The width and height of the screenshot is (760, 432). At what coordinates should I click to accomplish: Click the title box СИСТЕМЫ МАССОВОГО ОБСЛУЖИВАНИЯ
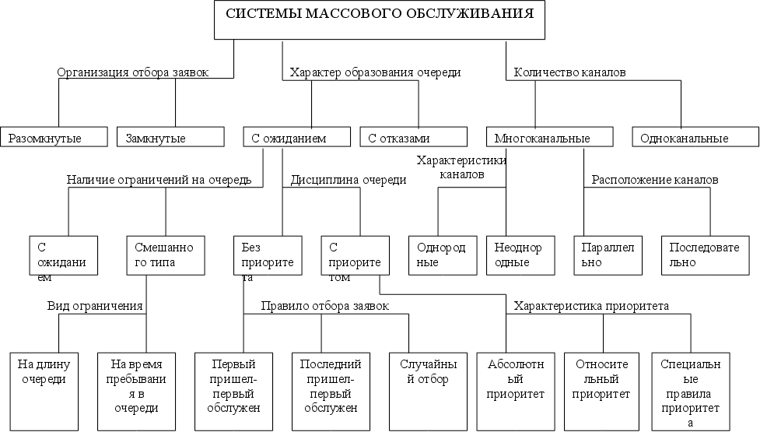(x=380, y=19)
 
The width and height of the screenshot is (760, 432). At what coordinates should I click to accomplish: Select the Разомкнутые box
(x=52, y=138)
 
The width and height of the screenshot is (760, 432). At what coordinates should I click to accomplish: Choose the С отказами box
(x=412, y=138)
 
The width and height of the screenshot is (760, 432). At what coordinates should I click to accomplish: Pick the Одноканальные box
(x=695, y=138)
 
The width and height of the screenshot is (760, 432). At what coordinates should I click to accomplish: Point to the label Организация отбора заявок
(x=133, y=72)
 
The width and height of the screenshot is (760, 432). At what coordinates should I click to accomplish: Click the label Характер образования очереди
(x=375, y=72)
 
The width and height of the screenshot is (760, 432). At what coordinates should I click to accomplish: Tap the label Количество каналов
(x=570, y=72)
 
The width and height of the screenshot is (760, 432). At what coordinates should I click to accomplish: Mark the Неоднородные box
(x=519, y=255)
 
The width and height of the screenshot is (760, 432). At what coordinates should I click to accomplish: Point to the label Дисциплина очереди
(x=348, y=180)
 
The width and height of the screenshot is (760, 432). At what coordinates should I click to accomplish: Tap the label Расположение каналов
(x=655, y=180)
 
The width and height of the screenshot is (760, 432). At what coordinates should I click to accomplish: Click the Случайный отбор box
(x=424, y=392)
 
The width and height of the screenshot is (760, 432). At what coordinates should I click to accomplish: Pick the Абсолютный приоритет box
(x=510, y=392)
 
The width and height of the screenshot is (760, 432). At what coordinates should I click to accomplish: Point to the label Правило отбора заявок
(x=324, y=306)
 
